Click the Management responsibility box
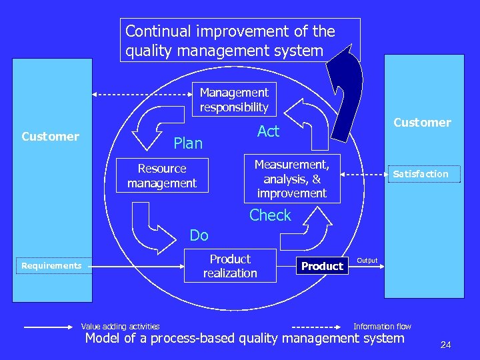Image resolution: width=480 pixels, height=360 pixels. tap(234, 100)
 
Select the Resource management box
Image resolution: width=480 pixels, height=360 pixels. tap(162, 175)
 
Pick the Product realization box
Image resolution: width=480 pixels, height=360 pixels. tap(230, 266)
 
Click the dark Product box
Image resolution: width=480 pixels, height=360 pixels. tap(322, 266)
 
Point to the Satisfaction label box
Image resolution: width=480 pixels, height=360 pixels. tap(420, 174)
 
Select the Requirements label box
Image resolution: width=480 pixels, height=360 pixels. tap(51, 266)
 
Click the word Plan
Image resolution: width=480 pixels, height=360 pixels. tap(187, 143)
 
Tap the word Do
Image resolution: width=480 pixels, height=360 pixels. tap(199, 235)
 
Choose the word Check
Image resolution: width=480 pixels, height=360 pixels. tap(270, 215)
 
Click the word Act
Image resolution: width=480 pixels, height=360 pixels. tap(268, 131)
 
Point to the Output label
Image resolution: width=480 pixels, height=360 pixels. tap(367, 260)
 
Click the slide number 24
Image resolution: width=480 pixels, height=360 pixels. tap(445, 345)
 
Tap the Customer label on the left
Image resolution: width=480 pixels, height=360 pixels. tap(50, 137)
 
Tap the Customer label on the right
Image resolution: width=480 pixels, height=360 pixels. tap(422, 123)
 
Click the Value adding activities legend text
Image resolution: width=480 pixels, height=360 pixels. tap(120, 326)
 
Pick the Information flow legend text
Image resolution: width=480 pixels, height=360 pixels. tap(382, 326)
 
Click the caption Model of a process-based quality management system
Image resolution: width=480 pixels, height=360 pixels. tap(245, 338)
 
